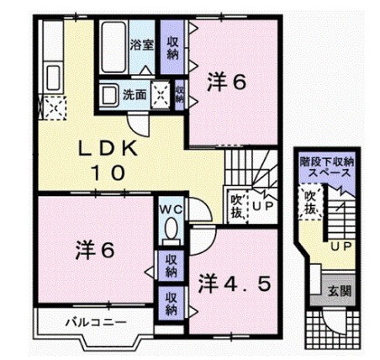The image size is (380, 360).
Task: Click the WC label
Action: (168, 205)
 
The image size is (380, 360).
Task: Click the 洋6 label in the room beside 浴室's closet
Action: (227, 82)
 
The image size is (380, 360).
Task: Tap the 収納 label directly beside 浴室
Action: (172, 47)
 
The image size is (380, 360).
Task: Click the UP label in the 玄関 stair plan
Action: (341, 246)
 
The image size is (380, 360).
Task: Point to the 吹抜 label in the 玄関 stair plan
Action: (310, 202)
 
